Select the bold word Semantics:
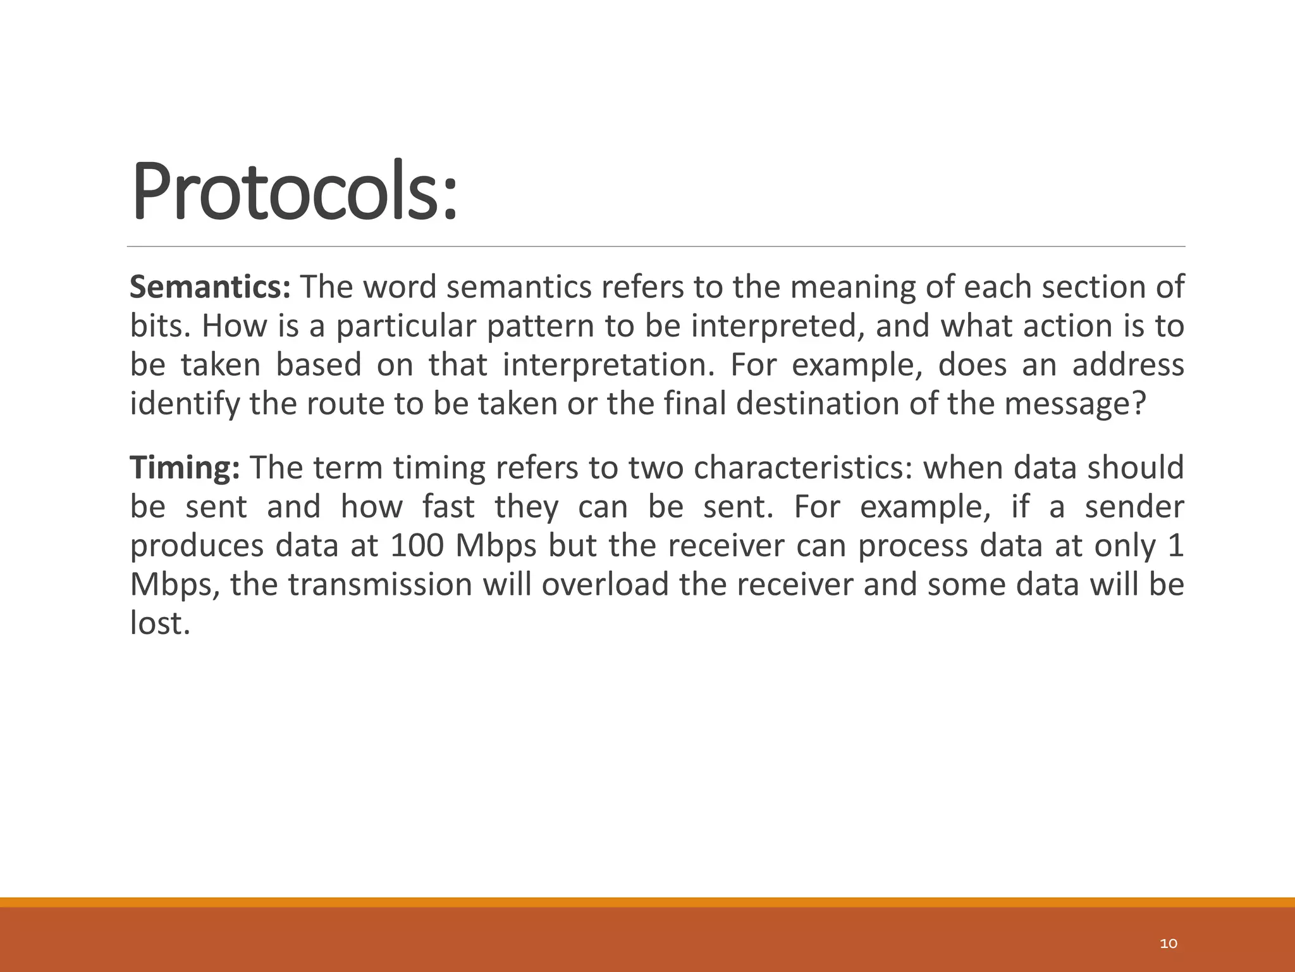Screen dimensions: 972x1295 tap(210, 287)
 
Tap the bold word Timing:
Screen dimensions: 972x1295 tap(185, 468)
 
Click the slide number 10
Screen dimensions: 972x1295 tap(1169, 944)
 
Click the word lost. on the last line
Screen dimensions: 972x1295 tap(159, 623)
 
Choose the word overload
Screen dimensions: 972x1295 tap(605, 584)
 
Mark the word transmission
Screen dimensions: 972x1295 tap(380, 584)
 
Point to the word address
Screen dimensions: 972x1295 tap(1127, 365)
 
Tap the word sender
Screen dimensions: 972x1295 tap(1134, 507)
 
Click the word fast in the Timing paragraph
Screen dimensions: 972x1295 tap(448, 507)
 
